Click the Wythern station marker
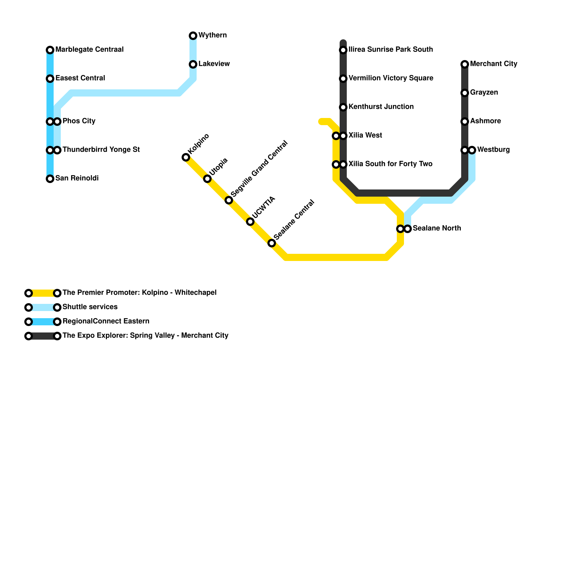(x=193, y=36)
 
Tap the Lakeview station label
(x=214, y=64)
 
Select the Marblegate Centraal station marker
(x=50, y=50)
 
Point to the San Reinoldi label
(x=77, y=178)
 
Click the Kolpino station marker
(x=186, y=157)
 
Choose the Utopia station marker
(x=207, y=179)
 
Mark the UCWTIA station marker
(x=250, y=222)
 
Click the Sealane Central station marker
(x=272, y=243)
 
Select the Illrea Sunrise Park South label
(x=391, y=50)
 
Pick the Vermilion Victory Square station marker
(x=343, y=79)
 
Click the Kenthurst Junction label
(x=381, y=107)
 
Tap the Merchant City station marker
(x=465, y=64)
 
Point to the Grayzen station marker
(x=465, y=93)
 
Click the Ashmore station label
(x=485, y=121)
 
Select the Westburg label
(x=493, y=150)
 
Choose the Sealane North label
(x=437, y=228)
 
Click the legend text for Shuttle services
(x=90, y=307)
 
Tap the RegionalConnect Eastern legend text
(x=106, y=321)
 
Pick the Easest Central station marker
(x=50, y=79)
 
